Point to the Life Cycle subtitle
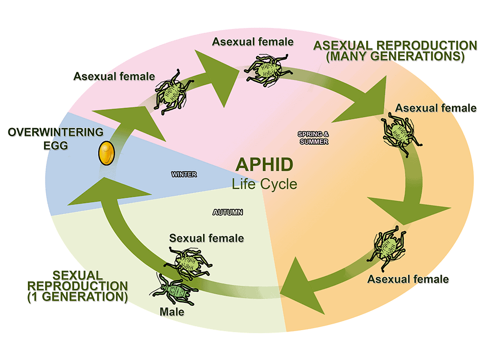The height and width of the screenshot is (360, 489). [264, 184]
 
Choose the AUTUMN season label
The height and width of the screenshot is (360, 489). [228, 212]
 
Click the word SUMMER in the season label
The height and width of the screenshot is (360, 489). [313, 142]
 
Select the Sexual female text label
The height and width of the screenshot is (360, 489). [206, 238]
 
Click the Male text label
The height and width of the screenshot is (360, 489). [172, 311]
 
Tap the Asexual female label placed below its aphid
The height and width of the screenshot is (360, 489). [407, 279]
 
